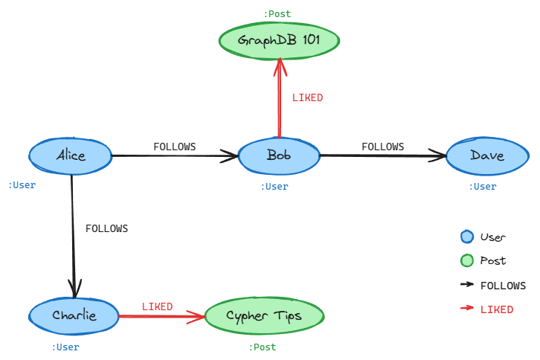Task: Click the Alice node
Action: [x=71, y=155]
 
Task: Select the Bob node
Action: [x=279, y=155]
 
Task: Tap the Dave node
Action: [x=487, y=155]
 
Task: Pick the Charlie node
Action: [x=74, y=315]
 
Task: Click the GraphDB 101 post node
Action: [x=279, y=40]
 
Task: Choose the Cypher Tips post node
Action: [x=264, y=316]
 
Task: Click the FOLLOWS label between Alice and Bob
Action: [x=175, y=147]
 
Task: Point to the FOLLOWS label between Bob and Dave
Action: [x=383, y=147]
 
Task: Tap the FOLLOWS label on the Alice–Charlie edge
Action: [x=106, y=228]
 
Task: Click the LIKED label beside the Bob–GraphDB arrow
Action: [x=307, y=97]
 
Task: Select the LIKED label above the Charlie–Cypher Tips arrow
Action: [x=157, y=306]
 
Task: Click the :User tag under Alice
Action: [x=22, y=185]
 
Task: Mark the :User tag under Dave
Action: [x=483, y=187]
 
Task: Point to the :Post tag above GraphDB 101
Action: [x=277, y=13]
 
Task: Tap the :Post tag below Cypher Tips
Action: [x=263, y=347]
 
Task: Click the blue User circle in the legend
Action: [x=467, y=237]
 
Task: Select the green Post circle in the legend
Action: [x=467, y=260]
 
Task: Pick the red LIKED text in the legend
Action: [x=497, y=309]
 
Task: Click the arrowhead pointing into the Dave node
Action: [x=440, y=155]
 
